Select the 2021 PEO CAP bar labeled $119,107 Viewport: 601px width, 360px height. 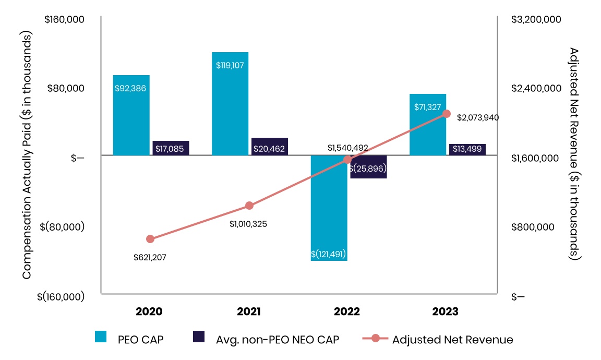pos(230,104)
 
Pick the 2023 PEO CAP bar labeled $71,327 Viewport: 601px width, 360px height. pos(427,125)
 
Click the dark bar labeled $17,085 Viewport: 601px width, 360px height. pos(171,148)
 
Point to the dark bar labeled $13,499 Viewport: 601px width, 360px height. pos(467,150)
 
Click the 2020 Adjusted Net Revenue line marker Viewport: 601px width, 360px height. pos(150,239)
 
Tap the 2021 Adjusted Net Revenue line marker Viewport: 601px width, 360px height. pos(249,206)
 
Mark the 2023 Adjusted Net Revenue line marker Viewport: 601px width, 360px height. pos(447,114)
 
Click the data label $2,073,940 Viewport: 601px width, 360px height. pos(478,118)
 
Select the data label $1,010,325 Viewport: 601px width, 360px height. pos(248,224)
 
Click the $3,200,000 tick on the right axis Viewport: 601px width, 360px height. pos(536,20)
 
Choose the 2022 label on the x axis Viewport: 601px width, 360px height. pos(347,312)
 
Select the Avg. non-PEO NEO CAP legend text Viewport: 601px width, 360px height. pos(278,340)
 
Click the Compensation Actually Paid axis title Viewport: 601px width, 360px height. pos(27,155)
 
